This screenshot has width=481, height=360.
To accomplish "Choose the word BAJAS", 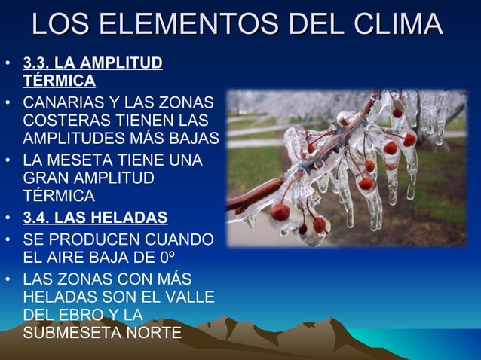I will pos(195,140).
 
